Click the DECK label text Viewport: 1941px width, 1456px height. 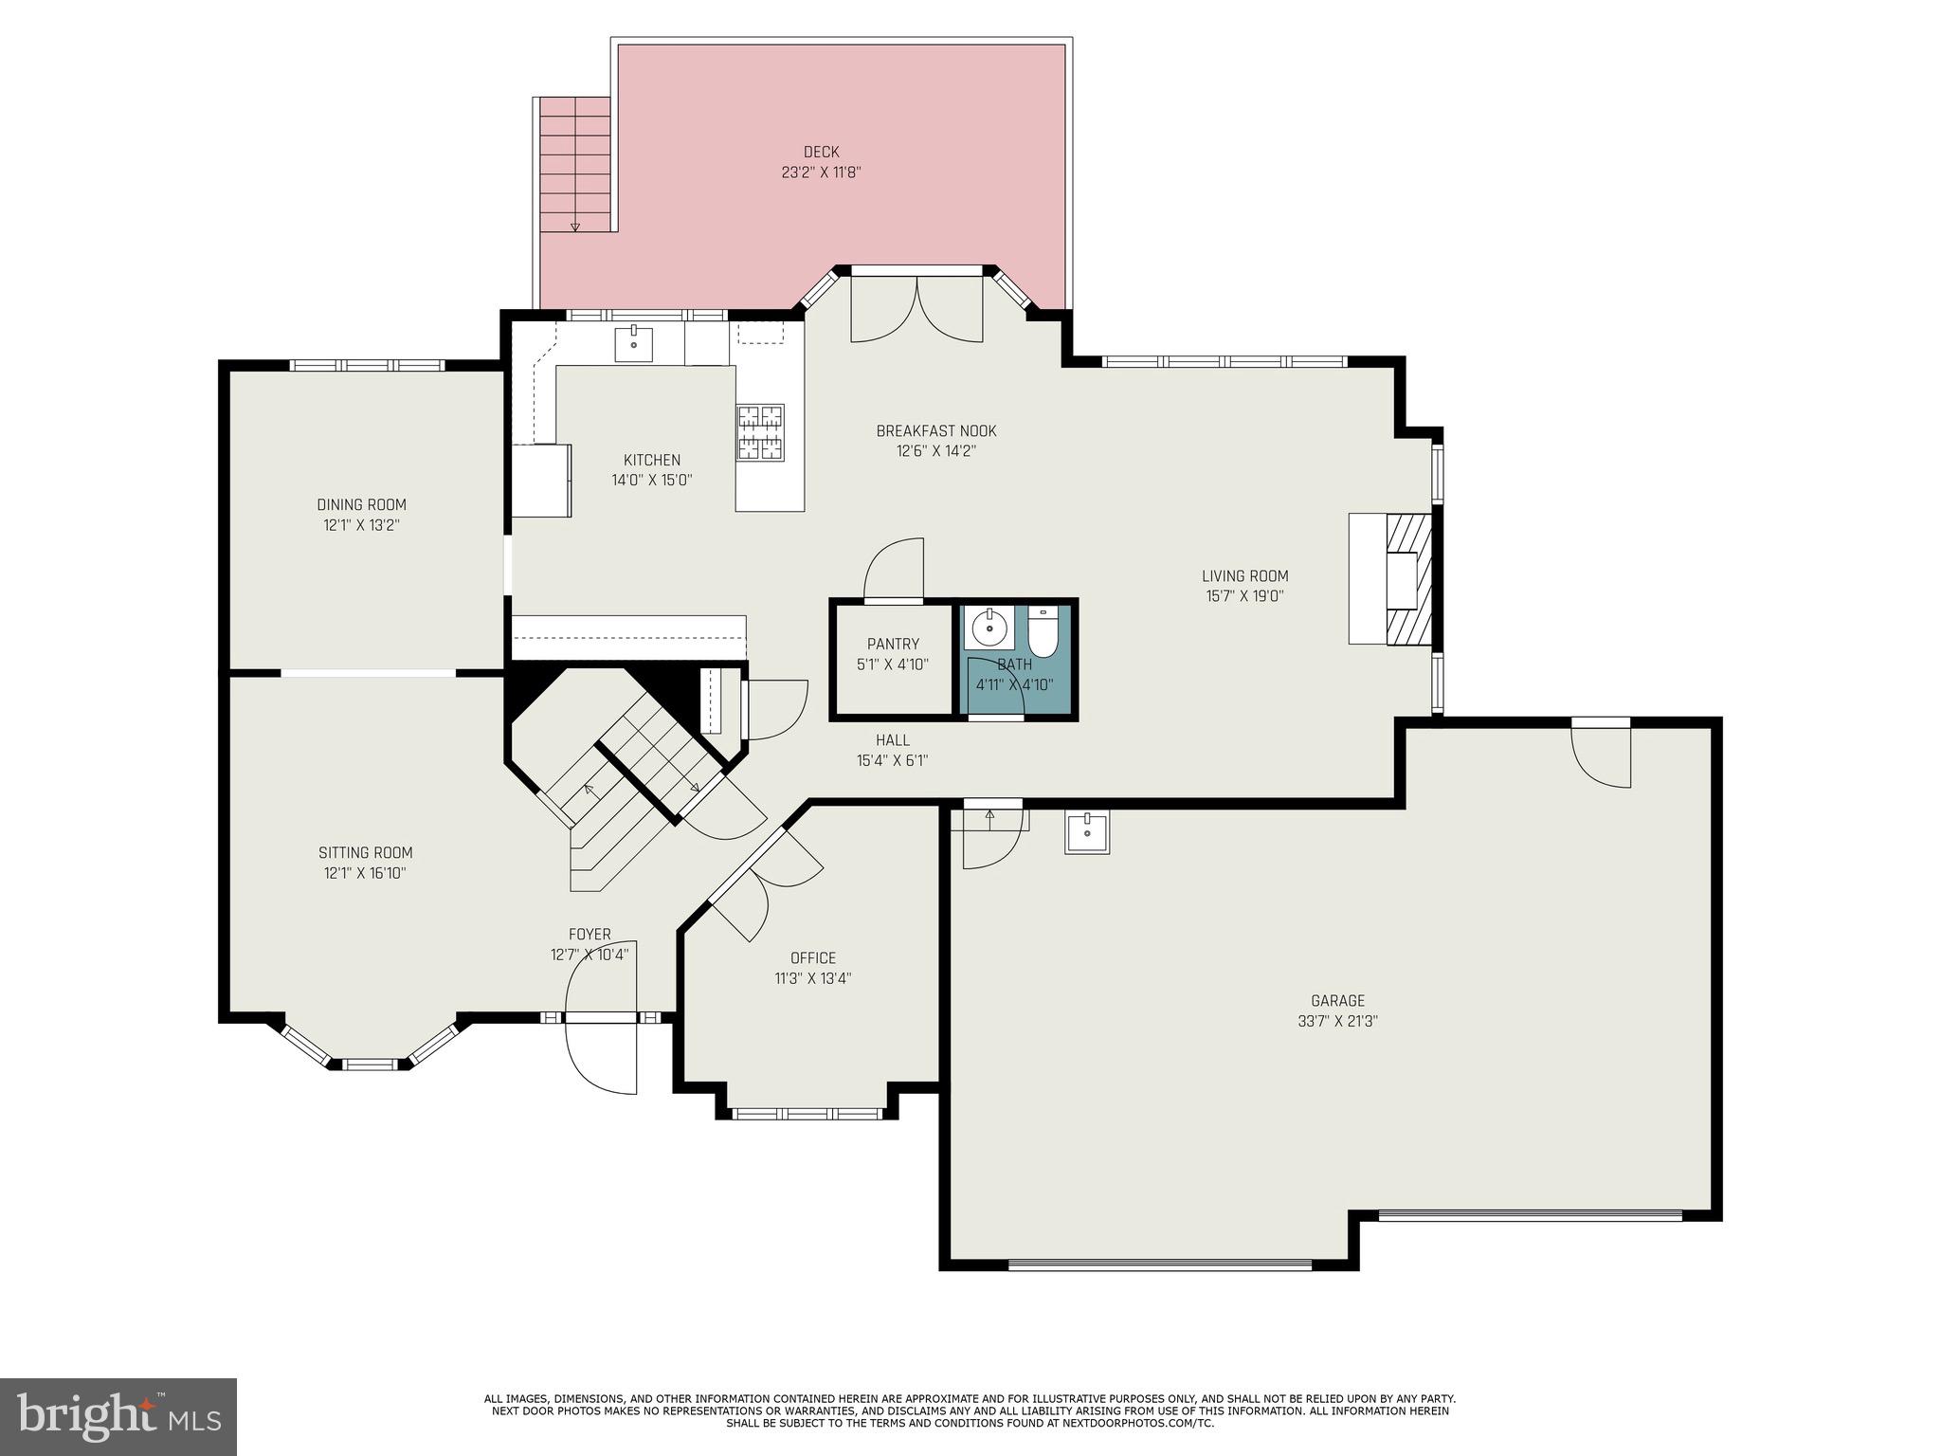821,152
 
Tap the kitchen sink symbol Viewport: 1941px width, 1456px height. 633,344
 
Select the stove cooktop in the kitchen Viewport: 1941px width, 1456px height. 761,432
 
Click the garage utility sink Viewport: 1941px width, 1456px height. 1086,833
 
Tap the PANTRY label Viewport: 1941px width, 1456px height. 893,645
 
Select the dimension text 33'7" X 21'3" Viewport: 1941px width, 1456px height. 1337,1022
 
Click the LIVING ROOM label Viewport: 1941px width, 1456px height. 1244,576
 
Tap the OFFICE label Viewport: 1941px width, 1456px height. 812,958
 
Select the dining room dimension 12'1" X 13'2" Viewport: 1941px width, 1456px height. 361,525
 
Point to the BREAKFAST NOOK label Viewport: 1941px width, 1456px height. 935,431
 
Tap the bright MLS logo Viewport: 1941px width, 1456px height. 118,1416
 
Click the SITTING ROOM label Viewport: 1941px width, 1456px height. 365,853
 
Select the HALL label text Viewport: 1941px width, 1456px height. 892,740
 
